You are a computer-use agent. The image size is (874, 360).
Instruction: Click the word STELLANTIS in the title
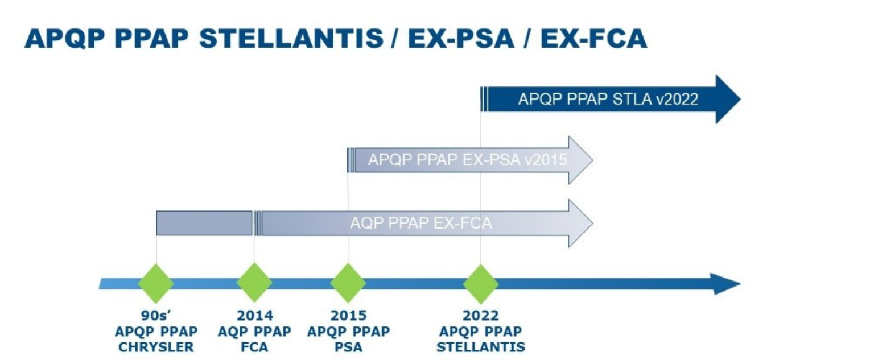291,39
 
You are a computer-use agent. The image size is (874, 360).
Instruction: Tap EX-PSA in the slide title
461,39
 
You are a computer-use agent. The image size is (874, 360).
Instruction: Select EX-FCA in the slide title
594,39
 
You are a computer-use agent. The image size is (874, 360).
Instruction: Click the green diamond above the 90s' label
156,284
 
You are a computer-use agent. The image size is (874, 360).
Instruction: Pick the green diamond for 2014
254,283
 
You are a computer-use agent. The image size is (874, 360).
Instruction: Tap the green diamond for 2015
348,283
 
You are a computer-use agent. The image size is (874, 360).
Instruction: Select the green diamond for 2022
481,284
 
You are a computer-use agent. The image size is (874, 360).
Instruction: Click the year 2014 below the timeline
255,315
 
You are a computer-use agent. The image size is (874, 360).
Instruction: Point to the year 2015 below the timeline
348,315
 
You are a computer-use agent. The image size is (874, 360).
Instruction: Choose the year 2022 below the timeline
481,315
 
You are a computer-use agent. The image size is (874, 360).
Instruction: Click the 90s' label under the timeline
156,315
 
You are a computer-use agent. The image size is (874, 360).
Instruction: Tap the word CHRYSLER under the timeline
156,347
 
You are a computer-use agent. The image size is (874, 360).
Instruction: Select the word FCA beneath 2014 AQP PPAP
254,347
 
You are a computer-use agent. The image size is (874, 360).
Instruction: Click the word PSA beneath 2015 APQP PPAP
348,347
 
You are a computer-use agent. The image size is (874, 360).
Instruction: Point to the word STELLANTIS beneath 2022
481,347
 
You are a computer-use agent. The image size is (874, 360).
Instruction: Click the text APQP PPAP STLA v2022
608,99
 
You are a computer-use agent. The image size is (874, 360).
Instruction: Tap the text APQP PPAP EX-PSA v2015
467,160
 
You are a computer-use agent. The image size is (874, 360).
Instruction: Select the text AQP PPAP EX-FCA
421,223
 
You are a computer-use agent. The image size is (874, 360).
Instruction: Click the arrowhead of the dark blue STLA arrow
728,99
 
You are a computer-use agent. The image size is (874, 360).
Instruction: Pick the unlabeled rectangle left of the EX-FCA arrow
204,223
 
